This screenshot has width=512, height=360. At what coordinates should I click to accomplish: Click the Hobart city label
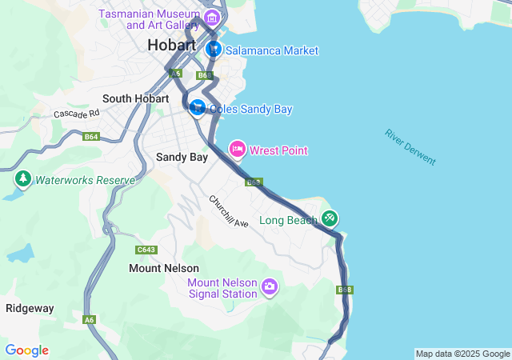171,46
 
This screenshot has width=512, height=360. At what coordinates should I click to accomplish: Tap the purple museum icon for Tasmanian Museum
212,17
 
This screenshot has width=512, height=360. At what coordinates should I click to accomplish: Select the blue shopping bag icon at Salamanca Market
214,50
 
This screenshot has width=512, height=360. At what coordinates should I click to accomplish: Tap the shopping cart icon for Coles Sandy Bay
197,107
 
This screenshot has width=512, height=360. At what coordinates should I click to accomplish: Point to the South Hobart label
135,98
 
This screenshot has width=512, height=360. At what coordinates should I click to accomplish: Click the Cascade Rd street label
77,114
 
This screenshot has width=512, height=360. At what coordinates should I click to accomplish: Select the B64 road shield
90,137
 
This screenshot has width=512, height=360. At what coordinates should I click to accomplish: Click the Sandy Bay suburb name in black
182,157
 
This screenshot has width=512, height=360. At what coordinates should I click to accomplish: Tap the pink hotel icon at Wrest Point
238,149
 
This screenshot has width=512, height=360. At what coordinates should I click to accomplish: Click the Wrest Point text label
278,150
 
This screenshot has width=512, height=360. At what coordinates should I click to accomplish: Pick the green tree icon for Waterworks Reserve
22,179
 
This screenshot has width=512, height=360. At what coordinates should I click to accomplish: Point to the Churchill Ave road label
229,210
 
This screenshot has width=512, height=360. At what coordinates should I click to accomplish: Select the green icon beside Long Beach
330,218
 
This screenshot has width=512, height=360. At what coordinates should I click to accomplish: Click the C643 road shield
146,250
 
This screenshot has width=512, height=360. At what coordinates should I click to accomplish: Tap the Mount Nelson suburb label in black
164,269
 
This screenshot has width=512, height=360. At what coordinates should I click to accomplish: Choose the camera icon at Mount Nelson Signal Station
270,286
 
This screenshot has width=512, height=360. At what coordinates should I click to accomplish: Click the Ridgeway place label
30,308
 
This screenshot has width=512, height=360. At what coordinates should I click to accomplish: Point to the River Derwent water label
410,147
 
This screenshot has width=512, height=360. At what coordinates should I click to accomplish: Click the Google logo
26,350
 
